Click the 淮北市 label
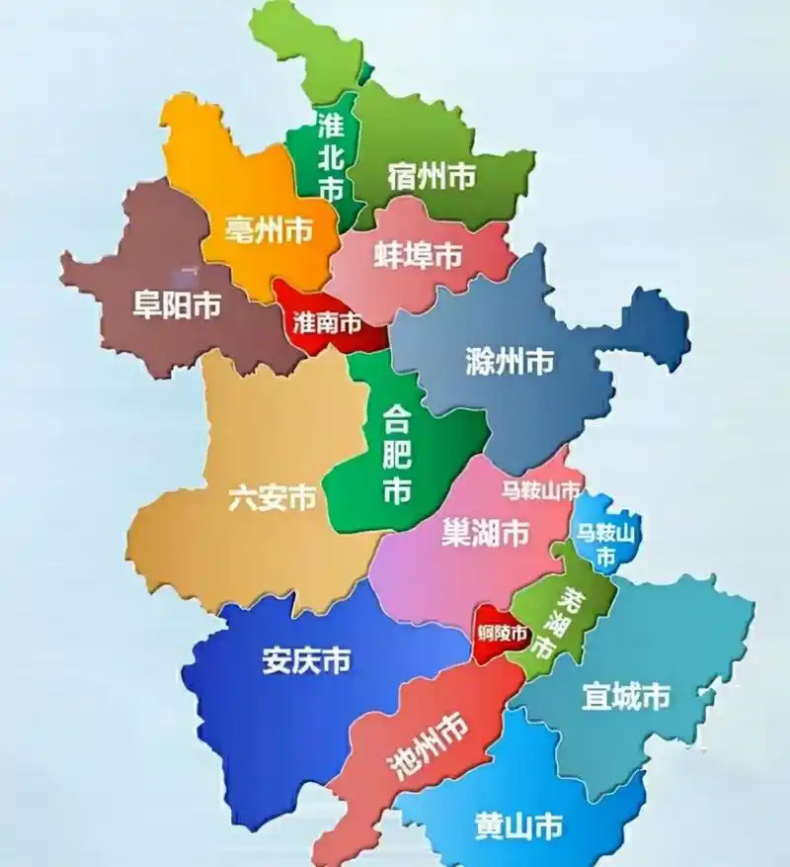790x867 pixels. (x=331, y=155)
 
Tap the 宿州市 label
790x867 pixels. (x=432, y=177)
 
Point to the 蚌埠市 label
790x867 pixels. (x=418, y=255)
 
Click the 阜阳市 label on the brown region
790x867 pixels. (x=177, y=305)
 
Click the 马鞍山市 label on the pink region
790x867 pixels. (x=540, y=488)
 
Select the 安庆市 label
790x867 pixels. (x=306, y=660)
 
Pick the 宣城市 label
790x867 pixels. (x=625, y=697)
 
